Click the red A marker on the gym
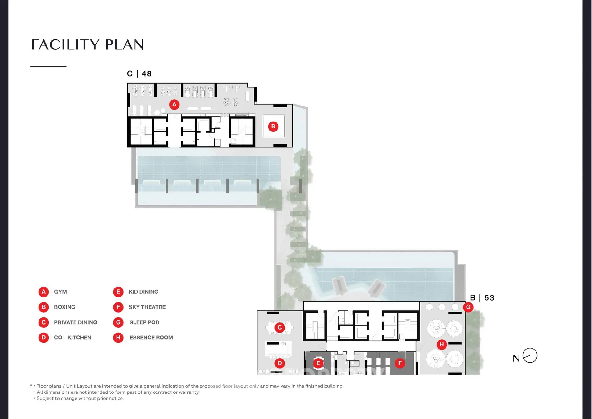[174, 105]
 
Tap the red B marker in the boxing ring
[273, 127]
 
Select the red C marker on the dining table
[280, 327]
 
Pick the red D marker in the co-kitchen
[280, 363]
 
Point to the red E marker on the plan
[318, 363]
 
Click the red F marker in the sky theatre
[400, 363]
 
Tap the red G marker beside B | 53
[468, 307]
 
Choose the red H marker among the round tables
[442, 344]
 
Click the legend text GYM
[60, 292]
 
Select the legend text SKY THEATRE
[147, 307]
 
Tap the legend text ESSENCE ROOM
[151, 338]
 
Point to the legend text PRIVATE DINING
[76, 322]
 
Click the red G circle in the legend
[118, 322]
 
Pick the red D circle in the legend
[43, 338]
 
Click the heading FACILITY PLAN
[88, 45]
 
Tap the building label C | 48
[139, 74]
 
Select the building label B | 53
[482, 298]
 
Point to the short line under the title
[48, 66]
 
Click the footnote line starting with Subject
[79, 398]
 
